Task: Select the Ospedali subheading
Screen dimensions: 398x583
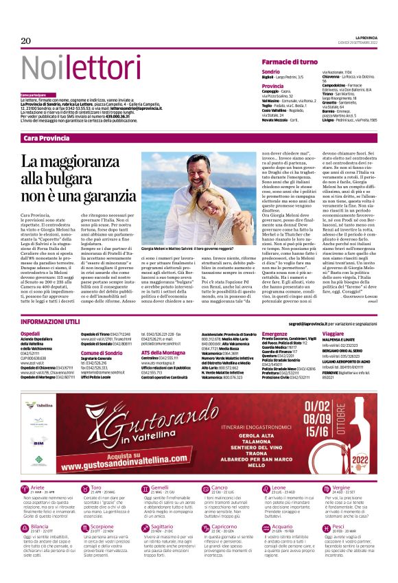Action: point(31,333)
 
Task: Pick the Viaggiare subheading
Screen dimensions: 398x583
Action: point(333,333)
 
